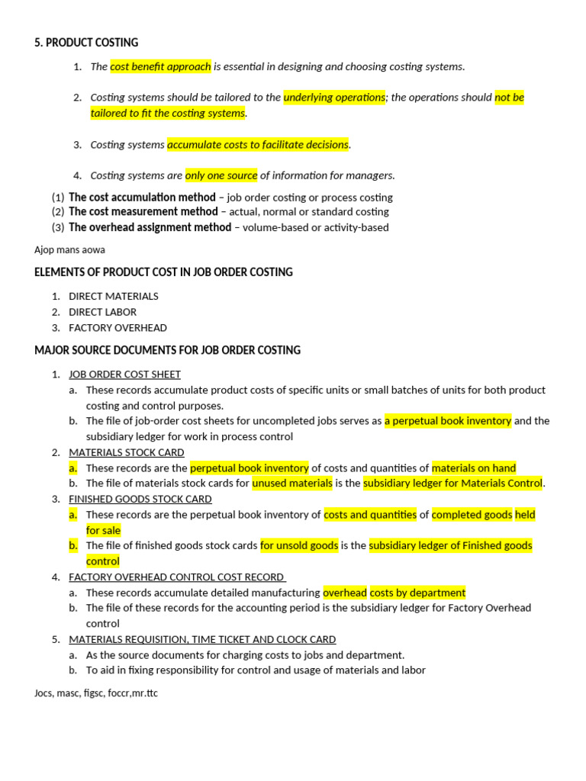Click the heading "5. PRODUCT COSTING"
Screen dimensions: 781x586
click(86, 43)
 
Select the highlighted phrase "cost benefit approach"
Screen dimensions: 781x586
click(160, 66)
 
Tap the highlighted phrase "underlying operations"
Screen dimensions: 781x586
click(334, 98)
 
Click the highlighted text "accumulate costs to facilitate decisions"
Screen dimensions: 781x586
click(258, 144)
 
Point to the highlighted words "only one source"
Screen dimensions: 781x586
click(221, 175)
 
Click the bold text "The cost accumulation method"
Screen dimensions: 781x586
click(142, 197)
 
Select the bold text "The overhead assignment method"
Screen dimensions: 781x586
click(150, 227)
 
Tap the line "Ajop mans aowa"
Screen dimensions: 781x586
click(69, 249)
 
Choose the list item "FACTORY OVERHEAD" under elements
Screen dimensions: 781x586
click(118, 328)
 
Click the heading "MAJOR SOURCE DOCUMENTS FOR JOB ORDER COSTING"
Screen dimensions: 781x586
click(167, 350)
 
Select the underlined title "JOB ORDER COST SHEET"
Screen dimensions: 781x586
click(124, 374)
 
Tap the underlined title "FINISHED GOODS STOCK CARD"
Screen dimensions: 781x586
click(140, 499)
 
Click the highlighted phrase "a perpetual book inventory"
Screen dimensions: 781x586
click(448, 420)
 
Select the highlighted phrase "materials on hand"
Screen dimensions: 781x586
click(474, 468)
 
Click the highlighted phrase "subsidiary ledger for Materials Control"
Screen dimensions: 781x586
click(453, 483)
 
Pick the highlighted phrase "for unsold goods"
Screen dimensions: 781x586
click(298, 545)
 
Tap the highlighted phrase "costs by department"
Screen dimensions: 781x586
click(417, 593)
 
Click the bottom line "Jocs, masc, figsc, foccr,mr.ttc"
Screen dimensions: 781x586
click(96, 693)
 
